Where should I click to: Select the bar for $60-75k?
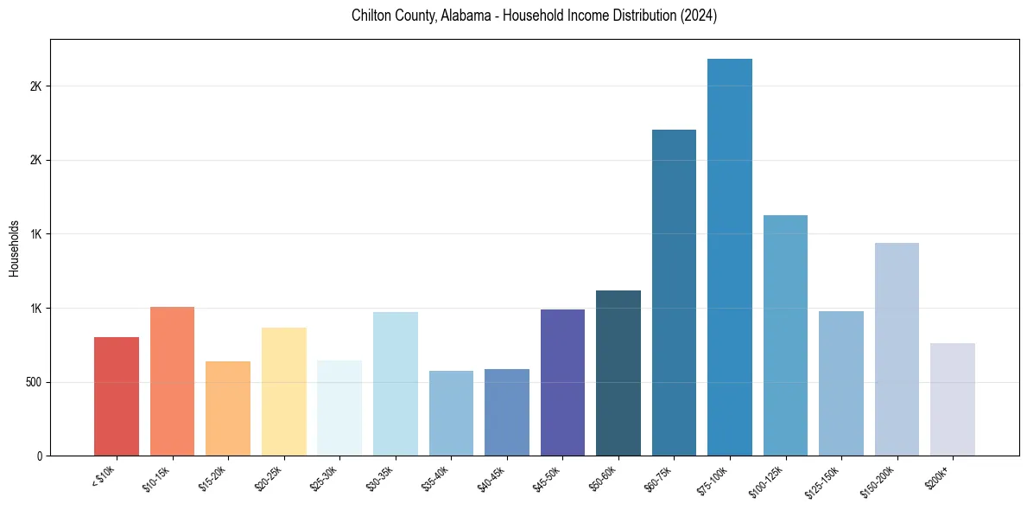pyautogui.click(x=674, y=293)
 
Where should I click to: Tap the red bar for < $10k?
pyautogui.click(x=117, y=397)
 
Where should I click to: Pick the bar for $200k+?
pyautogui.click(x=953, y=399)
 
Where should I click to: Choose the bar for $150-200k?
pyautogui.click(x=897, y=349)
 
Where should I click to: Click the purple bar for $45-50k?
pyautogui.click(x=562, y=383)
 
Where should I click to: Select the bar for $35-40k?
pyautogui.click(x=451, y=413)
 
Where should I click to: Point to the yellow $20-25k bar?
pyautogui.click(x=284, y=392)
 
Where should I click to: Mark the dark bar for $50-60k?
pyautogui.click(x=618, y=373)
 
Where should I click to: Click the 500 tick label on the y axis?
pyautogui.click(x=34, y=382)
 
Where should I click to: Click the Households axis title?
pyautogui.click(x=14, y=247)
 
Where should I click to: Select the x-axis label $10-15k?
pyautogui.click(x=157, y=477)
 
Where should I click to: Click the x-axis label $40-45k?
pyautogui.click(x=491, y=477)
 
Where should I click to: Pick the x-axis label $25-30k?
pyautogui.click(x=324, y=477)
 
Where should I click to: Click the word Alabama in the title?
pyautogui.click(x=466, y=16)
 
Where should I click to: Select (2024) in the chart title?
pyautogui.click(x=698, y=16)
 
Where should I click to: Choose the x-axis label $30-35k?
pyautogui.click(x=380, y=477)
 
